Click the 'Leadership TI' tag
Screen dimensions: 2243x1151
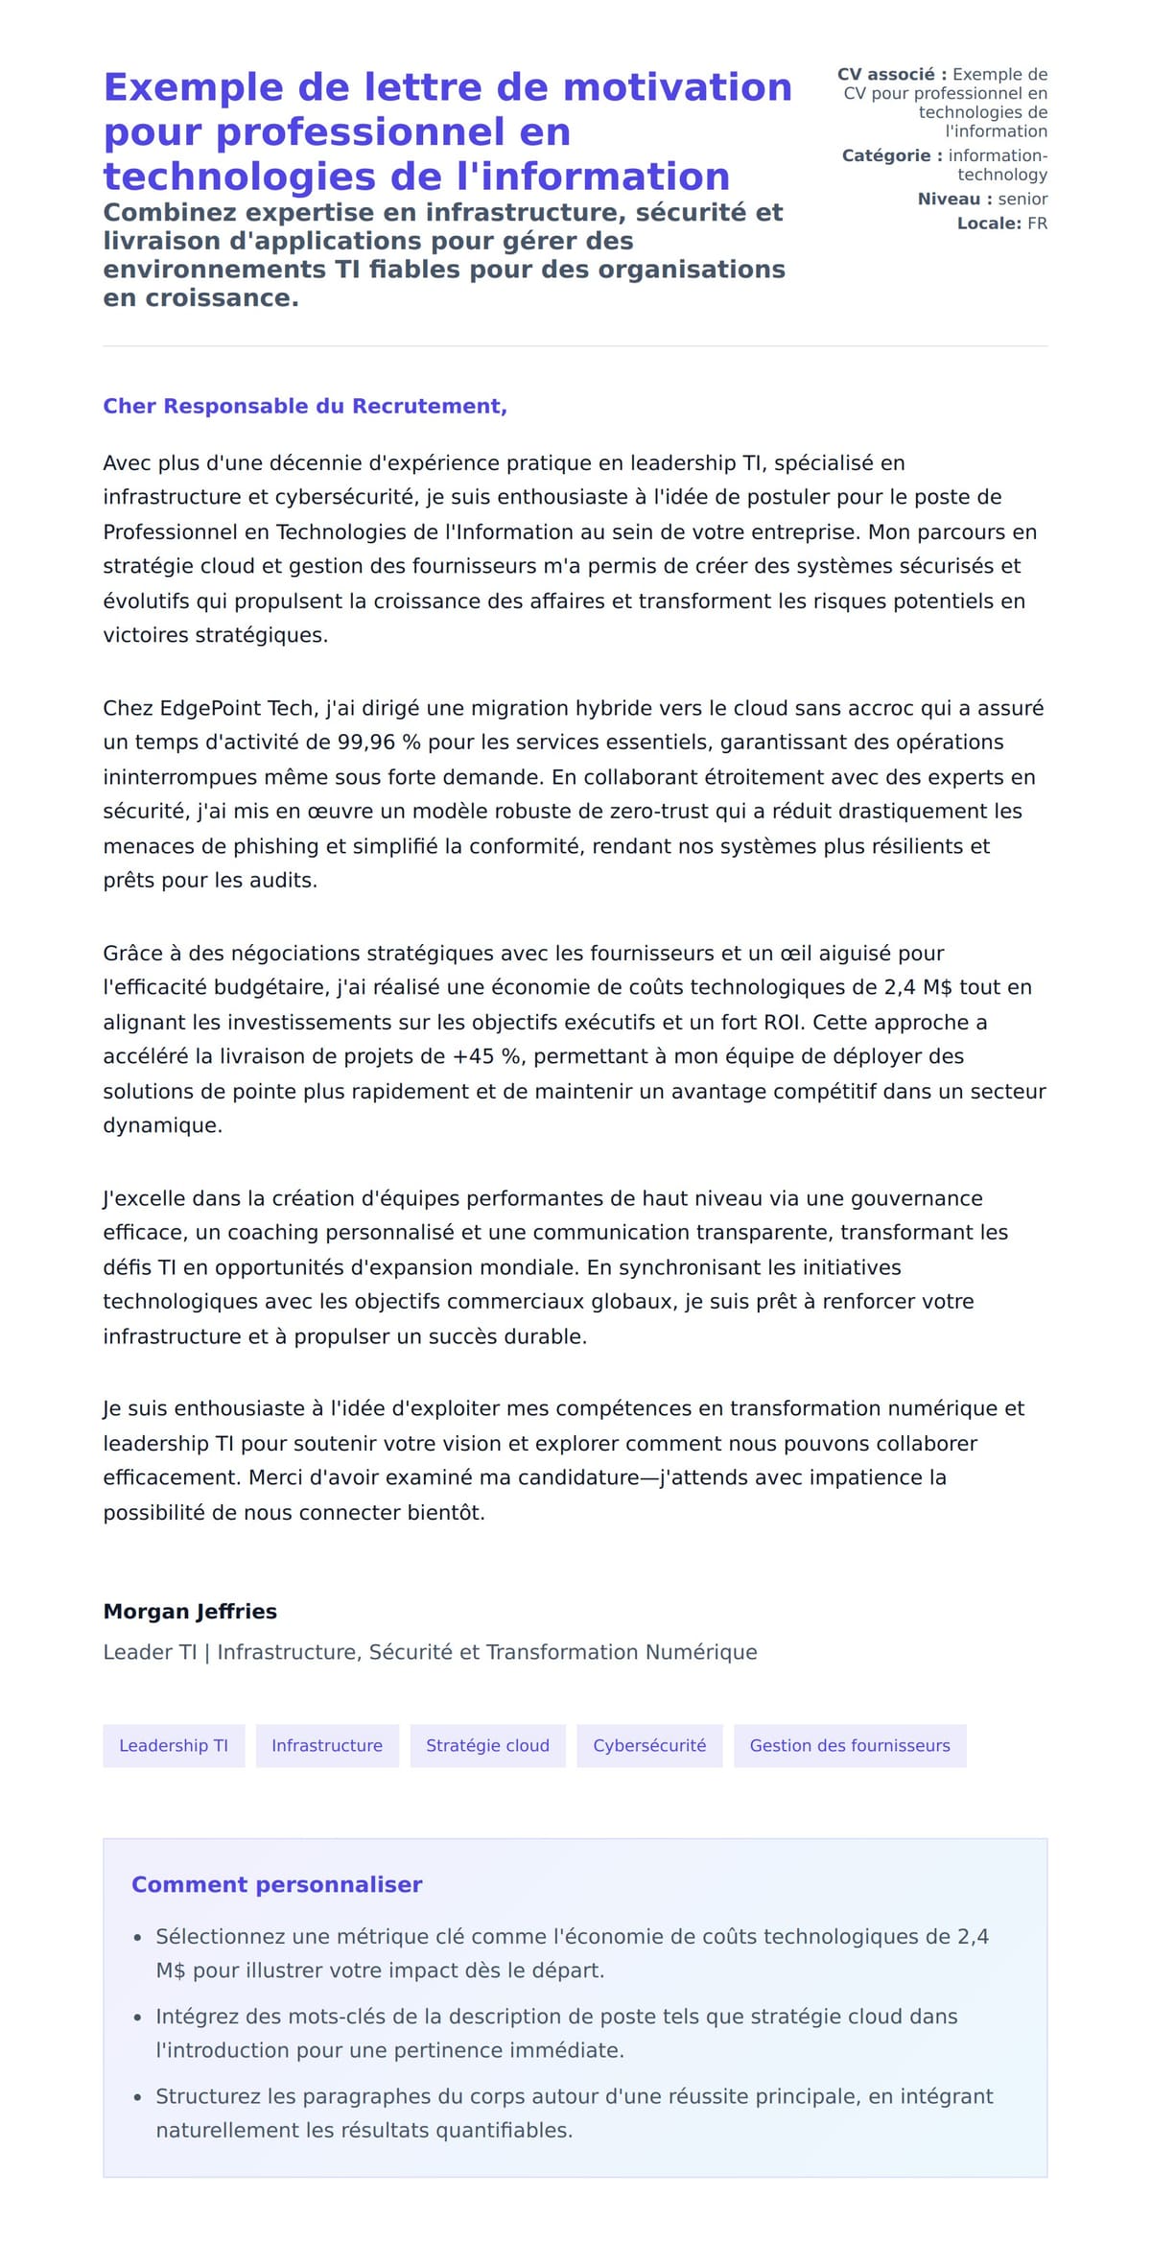[174, 1745]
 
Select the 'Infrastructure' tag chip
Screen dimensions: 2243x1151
[327, 1745]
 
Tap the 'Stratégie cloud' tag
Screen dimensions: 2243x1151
[487, 1745]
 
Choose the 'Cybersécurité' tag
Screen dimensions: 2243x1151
[649, 1745]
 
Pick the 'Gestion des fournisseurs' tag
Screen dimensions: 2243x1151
[850, 1745]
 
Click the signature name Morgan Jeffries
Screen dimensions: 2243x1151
[190, 1611]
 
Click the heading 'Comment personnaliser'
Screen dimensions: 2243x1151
[276, 1884]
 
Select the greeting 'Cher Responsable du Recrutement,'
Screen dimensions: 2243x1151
[305, 406]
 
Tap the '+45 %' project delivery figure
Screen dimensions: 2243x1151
[487, 1056]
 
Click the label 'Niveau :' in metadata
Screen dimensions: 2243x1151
[954, 200]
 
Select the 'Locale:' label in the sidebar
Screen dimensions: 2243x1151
[989, 224]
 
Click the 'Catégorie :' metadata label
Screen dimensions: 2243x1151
[892, 155]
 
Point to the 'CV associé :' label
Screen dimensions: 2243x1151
[892, 74]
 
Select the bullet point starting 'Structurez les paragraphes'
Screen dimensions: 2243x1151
[574, 2113]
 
